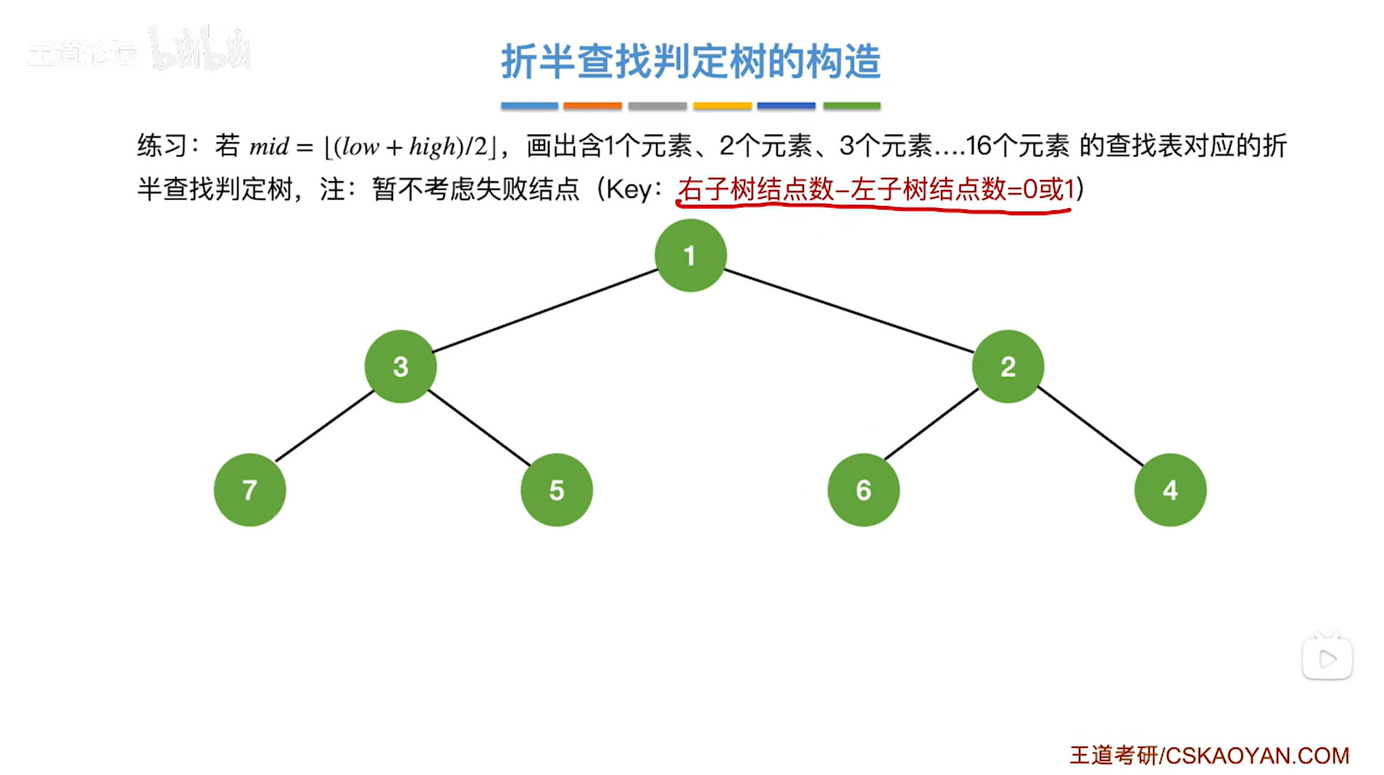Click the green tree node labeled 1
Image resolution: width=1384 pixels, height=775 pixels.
click(690, 255)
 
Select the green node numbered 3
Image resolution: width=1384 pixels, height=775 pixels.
click(400, 366)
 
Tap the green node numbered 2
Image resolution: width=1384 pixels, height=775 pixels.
click(1008, 366)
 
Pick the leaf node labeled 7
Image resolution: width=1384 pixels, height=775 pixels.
click(249, 490)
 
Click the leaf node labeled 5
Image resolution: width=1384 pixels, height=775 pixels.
click(556, 490)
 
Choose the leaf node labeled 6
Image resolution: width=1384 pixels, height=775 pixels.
click(863, 490)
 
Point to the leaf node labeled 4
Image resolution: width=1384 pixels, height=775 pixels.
click(1170, 490)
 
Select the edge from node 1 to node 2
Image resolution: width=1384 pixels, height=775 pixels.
click(849, 310)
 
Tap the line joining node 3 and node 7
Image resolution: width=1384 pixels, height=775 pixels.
click(325, 426)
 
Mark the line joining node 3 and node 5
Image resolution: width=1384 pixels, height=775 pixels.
click(478, 427)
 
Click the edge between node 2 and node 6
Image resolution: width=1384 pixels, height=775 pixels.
click(932, 423)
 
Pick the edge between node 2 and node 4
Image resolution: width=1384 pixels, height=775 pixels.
click(1090, 426)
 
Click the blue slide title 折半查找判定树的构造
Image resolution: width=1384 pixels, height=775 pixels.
click(690, 61)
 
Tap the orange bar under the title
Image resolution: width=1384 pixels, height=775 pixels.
click(592, 106)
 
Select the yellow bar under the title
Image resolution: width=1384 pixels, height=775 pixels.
click(722, 106)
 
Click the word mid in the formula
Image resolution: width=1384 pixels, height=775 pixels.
click(269, 147)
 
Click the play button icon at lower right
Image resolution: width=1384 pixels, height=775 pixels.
click(1327, 659)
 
